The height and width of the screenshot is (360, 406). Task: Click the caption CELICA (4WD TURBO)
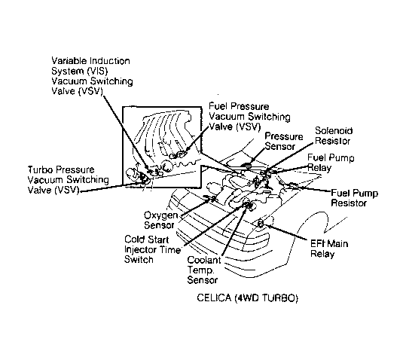tap(248, 298)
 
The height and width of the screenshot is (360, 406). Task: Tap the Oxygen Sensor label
tap(161, 220)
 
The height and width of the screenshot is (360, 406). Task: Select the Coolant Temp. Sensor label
tap(204, 270)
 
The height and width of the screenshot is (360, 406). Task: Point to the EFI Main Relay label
tap(329, 249)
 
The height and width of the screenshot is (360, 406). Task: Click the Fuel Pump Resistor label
tap(355, 198)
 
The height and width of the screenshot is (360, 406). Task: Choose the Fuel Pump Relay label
tap(331, 163)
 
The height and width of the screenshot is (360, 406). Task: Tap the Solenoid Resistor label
tap(334, 136)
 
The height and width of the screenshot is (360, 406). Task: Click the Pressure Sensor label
tap(283, 142)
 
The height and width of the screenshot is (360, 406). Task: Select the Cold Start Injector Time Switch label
tap(152, 249)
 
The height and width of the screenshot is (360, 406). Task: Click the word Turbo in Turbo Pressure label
tap(41, 169)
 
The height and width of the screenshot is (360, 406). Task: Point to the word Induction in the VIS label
tap(109, 61)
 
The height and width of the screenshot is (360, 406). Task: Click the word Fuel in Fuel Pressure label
tap(218, 106)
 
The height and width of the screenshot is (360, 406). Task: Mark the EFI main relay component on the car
tap(261, 223)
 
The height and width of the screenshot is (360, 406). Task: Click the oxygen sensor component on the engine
tap(211, 199)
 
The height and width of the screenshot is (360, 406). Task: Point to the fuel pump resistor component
tap(293, 185)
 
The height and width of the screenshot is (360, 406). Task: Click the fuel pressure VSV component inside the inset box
tap(178, 155)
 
